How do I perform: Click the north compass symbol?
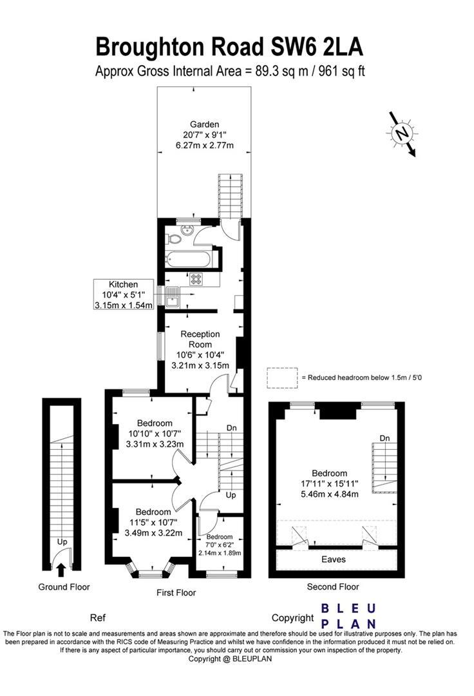tap(403, 133)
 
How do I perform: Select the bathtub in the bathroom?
tap(187, 261)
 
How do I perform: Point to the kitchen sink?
tap(173, 298)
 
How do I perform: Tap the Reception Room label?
tap(200, 349)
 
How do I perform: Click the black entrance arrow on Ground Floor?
tap(61, 569)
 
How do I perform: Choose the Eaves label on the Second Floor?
tap(333, 559)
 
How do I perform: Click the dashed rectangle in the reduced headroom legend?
tap(281, 378)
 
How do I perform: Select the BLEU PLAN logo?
tap(348, 615)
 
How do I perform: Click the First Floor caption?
tap(176, 592)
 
